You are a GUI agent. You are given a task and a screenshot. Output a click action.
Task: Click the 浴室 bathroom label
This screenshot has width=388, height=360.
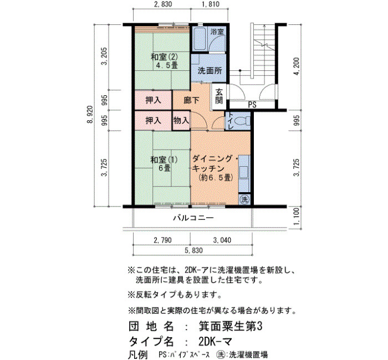click(217, 32)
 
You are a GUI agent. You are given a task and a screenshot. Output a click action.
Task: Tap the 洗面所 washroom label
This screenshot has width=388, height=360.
click(210, 71)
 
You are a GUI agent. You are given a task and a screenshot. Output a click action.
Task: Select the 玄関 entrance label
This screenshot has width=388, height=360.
click(219, 96)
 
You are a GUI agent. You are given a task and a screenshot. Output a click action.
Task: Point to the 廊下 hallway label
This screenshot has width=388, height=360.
click(192, 100)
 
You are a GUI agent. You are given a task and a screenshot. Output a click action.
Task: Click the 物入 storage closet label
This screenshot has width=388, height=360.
click(181, 120)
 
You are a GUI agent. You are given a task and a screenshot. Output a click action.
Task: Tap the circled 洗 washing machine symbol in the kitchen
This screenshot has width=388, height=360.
click(245, 199)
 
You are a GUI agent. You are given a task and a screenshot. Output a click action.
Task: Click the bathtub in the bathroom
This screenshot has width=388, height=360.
click(199, 39)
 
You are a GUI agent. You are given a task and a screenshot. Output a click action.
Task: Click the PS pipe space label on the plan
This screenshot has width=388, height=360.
click(252, 105)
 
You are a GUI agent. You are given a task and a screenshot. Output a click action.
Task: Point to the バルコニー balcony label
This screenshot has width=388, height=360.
click(193, 218)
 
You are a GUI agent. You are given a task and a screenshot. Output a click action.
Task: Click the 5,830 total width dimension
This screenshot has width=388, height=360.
click(193, 250)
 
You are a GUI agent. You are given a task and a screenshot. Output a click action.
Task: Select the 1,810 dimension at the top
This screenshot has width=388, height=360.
click(210, 4)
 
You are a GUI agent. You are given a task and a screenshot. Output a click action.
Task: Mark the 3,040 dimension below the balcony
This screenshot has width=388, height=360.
click(222, 240)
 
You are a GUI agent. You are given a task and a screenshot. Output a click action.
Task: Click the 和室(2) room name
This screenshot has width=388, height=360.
click(164, 58)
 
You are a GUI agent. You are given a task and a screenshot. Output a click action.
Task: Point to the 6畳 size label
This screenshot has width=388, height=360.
click(164, 168)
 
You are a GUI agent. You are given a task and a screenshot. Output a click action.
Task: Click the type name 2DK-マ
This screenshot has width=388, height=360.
click(215, 342)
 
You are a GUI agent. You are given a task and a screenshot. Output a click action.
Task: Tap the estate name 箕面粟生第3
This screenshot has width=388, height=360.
click(231, 327)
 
